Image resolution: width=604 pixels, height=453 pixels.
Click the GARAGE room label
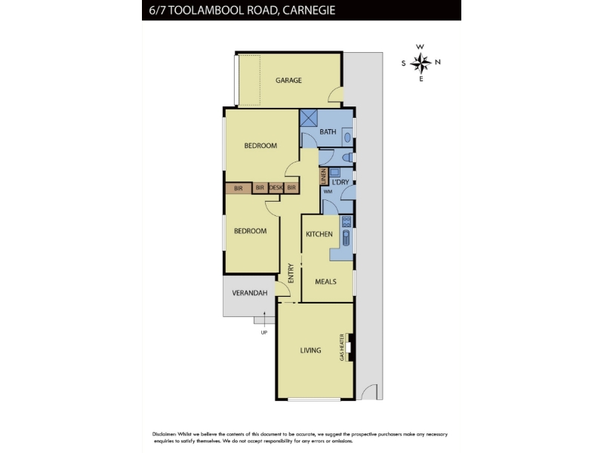point(288,80)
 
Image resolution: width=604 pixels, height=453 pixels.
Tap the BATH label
point(328,131)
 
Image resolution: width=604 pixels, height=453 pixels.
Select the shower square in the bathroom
point(309,118)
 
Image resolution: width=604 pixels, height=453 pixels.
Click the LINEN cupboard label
point(324,177)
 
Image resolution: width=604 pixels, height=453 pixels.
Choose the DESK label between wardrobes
point(276,187)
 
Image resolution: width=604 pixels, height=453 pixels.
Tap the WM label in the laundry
point(328,192)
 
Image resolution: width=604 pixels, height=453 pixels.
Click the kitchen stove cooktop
point(347,221)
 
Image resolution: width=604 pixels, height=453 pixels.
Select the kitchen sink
point(347,238)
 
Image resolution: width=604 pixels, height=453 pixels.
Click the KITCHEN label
point(319,234)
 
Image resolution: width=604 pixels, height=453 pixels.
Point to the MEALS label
point(326,282)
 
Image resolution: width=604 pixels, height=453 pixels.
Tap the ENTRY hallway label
point(291,273)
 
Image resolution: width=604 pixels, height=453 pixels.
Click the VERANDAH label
point(250,293)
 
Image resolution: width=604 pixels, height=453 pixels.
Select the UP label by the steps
point(263,332)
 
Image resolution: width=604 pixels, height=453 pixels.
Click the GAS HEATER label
point(342,347)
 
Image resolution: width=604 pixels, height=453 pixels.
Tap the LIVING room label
point(310,350)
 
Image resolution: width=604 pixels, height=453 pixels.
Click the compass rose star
point(421,63)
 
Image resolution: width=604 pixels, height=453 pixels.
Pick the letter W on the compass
point(420,47)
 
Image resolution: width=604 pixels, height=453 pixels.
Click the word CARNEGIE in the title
point(309,10)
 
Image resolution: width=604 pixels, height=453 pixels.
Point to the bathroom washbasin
point(347,137)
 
